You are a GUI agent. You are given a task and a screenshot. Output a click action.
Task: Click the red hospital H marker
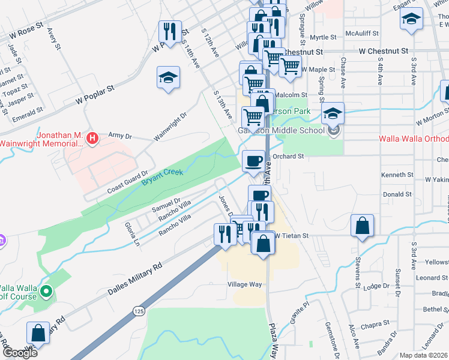click(92, 139)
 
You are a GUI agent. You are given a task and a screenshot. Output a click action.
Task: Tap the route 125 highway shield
click(139, 311)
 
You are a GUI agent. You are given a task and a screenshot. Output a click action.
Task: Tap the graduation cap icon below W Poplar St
click(168, 77)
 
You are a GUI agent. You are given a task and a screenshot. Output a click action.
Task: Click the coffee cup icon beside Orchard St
click(253, 160)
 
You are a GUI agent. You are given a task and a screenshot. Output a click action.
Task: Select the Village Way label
click(245, 284)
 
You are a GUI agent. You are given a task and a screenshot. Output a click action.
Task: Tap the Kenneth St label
click(397, 175)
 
